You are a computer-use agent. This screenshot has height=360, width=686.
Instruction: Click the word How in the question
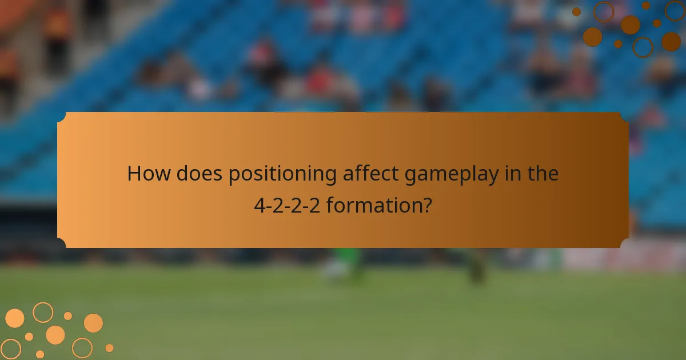click(x=148, y=174)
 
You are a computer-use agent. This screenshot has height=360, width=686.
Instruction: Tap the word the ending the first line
click(x=543, y=174)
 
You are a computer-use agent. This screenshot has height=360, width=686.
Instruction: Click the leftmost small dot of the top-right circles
click(x=576, y=12)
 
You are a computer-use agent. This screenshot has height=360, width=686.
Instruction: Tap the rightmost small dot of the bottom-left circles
click(x=109, y=347)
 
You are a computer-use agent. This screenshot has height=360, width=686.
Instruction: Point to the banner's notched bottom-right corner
click(x=624, y=243)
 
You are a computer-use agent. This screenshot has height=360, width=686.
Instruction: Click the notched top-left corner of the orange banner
click(x=62, y=117)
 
